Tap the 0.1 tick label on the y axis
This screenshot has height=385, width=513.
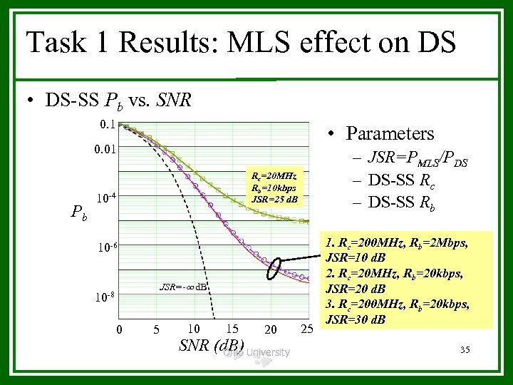(x=106, y=125)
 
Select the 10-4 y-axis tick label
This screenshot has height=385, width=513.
(x=107, y=197)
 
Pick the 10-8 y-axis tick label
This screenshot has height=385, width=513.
(x=107, y=295)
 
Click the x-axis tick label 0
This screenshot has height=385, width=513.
(x=119, y=329)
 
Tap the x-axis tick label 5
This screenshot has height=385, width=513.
(x=156, y=329)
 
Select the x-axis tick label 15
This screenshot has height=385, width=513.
(x=231, y=329)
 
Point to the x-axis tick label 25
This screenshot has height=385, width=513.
(x=307, y=329)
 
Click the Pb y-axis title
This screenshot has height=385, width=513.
(x=79, y=212)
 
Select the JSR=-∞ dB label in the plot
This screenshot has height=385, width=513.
(x=183, y=287)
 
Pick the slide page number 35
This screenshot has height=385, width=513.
(x=466, y=349)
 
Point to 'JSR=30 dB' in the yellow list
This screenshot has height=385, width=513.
(x=356, y=319)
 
